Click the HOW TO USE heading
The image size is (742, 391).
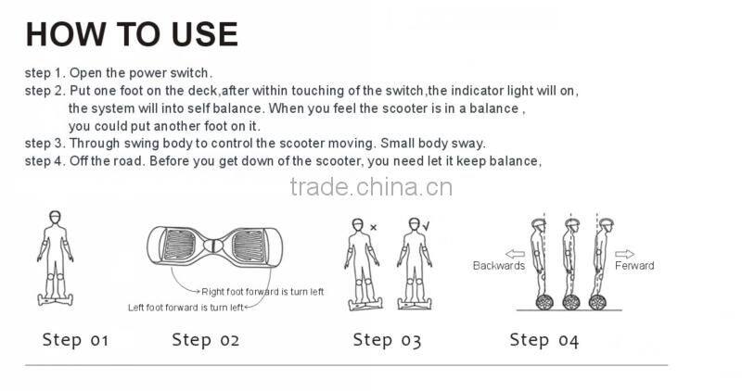coord(132,34)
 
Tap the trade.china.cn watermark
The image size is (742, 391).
coord(371,187)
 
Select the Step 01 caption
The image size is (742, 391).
coord(75,339)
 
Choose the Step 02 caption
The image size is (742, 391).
coord(205,339)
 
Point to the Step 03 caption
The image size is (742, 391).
coord(387,340)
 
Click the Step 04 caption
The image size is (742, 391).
coord(544,340)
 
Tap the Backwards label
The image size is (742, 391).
coord(499,266)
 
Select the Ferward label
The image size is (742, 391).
coord(634,266)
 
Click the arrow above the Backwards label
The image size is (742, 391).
coord(515,254)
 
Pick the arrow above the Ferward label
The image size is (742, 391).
coord(624,254)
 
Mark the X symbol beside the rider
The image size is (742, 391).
coord(374,227)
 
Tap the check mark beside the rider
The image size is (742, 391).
coord(427,226)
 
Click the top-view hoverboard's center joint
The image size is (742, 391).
coord(213,246)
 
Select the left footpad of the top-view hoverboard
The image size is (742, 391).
coord(178,245)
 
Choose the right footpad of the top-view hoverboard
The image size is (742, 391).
coord(249,246)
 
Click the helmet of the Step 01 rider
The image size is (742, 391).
coord(56,216)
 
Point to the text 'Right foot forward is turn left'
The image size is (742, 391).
coord(262,292)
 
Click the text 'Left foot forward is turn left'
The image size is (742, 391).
coord(185,308)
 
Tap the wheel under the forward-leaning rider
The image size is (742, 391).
coord(597,302)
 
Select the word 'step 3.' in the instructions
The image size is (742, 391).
coord(45,144)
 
